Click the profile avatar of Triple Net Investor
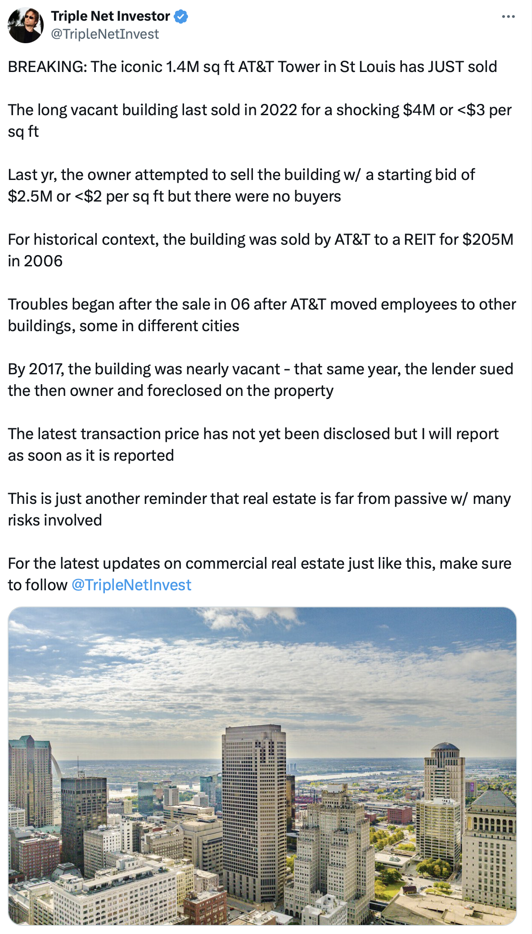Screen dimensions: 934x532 point(26,25)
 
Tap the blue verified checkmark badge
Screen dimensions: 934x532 point(181,17)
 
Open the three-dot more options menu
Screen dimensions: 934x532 point(508,17)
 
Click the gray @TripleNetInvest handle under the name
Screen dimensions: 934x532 point(105,34)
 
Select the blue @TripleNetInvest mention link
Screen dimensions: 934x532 point(131,585)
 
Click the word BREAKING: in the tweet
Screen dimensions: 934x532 point(47,67)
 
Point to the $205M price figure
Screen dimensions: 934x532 point(487,239)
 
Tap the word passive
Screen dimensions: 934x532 point(420,498)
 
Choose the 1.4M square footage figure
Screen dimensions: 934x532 point(182,67)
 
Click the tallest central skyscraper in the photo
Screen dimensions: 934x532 point(253,801)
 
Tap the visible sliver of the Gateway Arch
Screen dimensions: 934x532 point(55,765)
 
